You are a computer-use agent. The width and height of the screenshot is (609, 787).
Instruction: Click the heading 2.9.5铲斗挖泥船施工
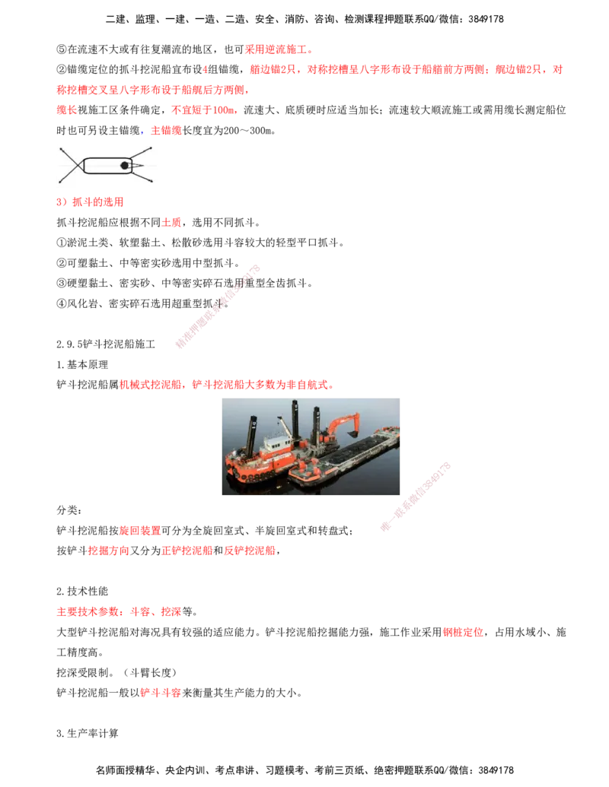(106, 344)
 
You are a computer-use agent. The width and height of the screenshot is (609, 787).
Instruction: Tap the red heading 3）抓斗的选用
(90, 202)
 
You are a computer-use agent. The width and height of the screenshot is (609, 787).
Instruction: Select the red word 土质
(171, 222)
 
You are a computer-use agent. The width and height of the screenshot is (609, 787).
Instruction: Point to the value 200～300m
(247, 131)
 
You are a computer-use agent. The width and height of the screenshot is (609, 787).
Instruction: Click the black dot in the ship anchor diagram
(125, 165)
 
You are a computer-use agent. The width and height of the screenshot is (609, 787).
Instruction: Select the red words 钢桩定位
(463, 632)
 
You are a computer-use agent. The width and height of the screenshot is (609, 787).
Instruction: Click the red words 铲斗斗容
(161, 693)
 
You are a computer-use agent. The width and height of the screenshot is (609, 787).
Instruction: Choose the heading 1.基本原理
(82, 364)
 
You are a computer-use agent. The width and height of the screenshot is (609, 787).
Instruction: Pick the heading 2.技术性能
(82, 592)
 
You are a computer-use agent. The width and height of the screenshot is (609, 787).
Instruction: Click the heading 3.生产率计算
(88, 733)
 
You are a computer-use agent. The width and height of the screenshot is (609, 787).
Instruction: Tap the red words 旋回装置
(139, 531)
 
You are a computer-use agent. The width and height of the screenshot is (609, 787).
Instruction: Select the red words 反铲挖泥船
(249, 551)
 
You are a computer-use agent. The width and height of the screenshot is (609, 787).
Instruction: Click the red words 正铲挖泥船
(187, 551)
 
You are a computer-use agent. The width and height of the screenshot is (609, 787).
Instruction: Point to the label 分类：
(69, 510)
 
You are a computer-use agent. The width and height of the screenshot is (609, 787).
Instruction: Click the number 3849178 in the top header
(486, 19)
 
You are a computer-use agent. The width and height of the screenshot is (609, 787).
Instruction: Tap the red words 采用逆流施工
(276, 49)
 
